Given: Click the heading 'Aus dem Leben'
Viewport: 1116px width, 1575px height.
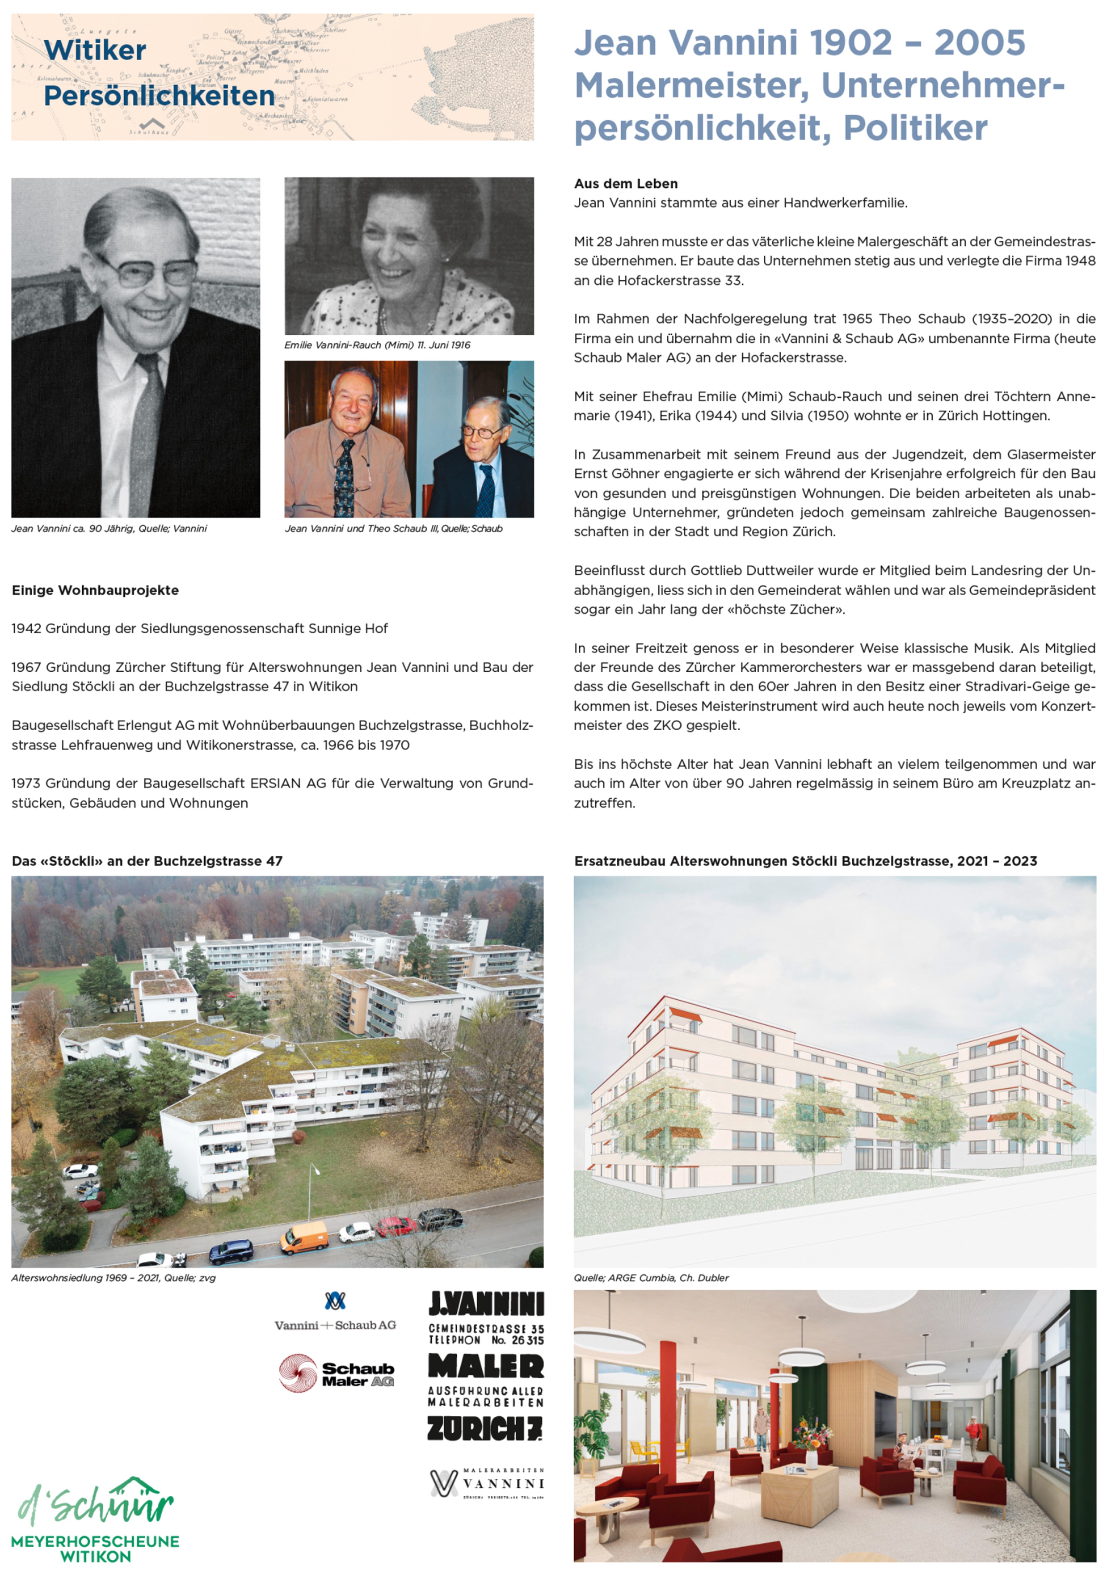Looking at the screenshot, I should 625,183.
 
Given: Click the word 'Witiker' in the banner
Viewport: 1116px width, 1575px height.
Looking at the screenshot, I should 95,50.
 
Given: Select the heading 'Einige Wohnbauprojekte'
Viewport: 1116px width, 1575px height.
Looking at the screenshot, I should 95,590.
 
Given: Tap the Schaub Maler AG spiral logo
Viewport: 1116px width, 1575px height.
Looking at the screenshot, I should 297,1374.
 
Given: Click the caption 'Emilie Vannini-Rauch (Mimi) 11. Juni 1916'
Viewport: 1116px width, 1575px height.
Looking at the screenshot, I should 377,345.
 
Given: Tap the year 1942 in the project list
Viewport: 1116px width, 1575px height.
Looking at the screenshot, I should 26,629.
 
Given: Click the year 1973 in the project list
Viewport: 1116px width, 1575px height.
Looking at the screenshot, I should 26,783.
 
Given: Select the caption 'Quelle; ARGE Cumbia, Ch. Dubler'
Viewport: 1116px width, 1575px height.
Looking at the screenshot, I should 651,1278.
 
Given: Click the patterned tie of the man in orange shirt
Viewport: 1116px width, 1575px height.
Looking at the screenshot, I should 344,477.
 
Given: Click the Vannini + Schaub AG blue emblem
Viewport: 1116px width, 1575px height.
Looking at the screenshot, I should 335,1301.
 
